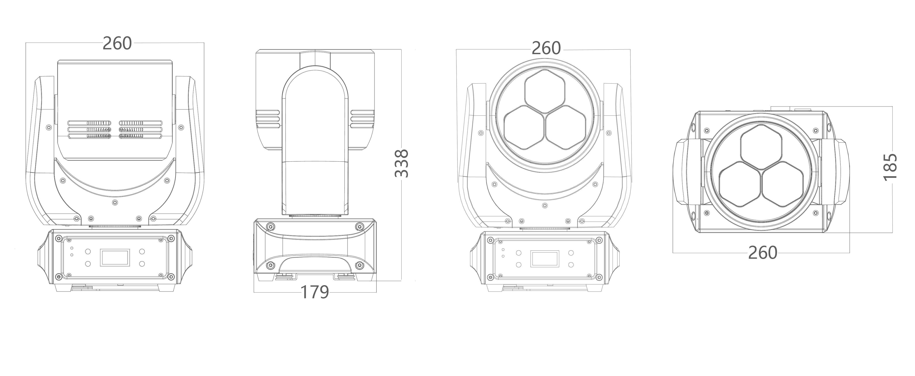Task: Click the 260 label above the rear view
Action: [117, 43]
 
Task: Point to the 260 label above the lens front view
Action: [546, 48]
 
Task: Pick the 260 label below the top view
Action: [763, 253]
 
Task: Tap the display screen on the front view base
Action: [544, 259]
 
